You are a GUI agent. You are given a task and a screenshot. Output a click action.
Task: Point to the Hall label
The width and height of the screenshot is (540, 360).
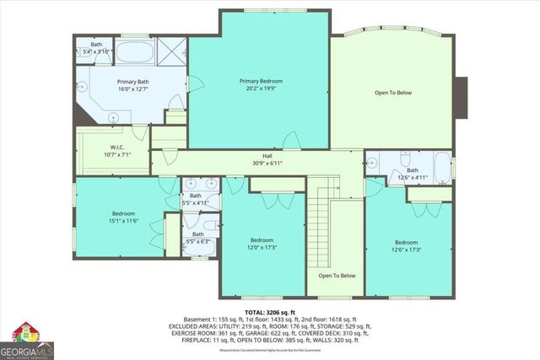(267, 157)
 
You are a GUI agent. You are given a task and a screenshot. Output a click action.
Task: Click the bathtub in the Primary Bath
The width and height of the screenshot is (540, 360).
(132, 52)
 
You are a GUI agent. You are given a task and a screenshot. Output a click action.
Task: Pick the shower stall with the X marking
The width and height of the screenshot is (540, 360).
(175, 52)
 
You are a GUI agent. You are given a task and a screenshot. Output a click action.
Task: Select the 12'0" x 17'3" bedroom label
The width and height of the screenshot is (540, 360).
(262, 243)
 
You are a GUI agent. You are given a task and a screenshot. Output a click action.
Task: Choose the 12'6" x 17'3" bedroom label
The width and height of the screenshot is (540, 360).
(408, 245)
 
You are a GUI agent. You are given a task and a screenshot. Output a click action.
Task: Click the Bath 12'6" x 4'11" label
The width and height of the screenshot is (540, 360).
(413, 174)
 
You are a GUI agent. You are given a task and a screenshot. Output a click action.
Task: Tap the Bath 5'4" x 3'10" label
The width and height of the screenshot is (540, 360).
(96, 47)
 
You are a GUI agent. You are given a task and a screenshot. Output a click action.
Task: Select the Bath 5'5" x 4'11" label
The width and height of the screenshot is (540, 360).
(197, 200)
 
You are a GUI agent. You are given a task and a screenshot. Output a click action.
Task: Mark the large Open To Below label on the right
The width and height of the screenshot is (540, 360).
(392, 92)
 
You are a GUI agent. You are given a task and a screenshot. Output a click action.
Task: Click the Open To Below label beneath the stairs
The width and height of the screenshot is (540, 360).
(337, 276)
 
